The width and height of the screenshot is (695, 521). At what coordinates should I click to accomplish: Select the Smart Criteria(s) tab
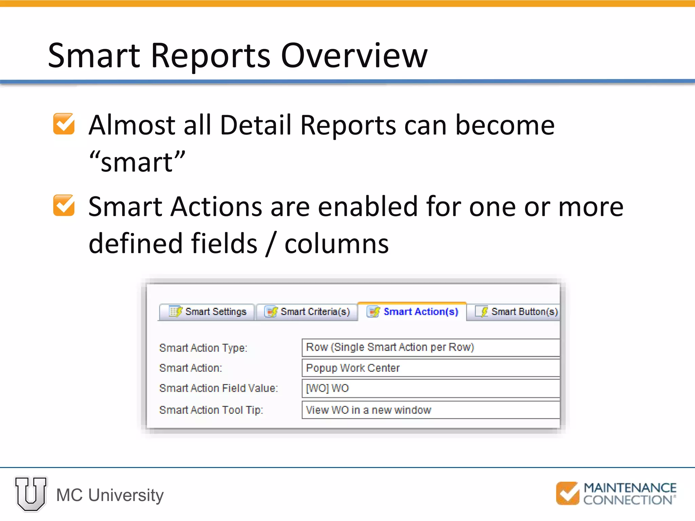tap(307, 311)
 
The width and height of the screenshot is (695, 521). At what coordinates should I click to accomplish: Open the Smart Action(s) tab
tap(413, 311)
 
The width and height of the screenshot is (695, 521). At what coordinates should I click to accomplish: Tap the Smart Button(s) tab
tap(516, 311)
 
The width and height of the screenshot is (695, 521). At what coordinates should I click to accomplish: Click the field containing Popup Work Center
tap(430, 368)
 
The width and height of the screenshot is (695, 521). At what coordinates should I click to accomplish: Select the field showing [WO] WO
tap(430, 388)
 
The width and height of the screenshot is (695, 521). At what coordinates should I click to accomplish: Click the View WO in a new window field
tap(430, 410)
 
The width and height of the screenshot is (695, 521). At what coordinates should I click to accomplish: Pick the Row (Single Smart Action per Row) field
tap(430, 347)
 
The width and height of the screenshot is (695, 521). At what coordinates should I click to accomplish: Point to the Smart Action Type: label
tap(203, 348)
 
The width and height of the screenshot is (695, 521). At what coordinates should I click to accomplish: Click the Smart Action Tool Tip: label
tap(211, 410)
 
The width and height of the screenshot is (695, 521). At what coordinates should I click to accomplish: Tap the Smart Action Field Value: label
tap(218, 388)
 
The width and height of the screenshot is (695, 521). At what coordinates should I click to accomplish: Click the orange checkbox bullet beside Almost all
tap(64, 124)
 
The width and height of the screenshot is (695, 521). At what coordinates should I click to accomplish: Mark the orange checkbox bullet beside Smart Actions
tap(64, 205)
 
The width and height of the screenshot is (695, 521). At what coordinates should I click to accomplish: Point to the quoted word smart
tap(137, 162)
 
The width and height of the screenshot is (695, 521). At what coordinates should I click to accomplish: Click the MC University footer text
tap(110, 495)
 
